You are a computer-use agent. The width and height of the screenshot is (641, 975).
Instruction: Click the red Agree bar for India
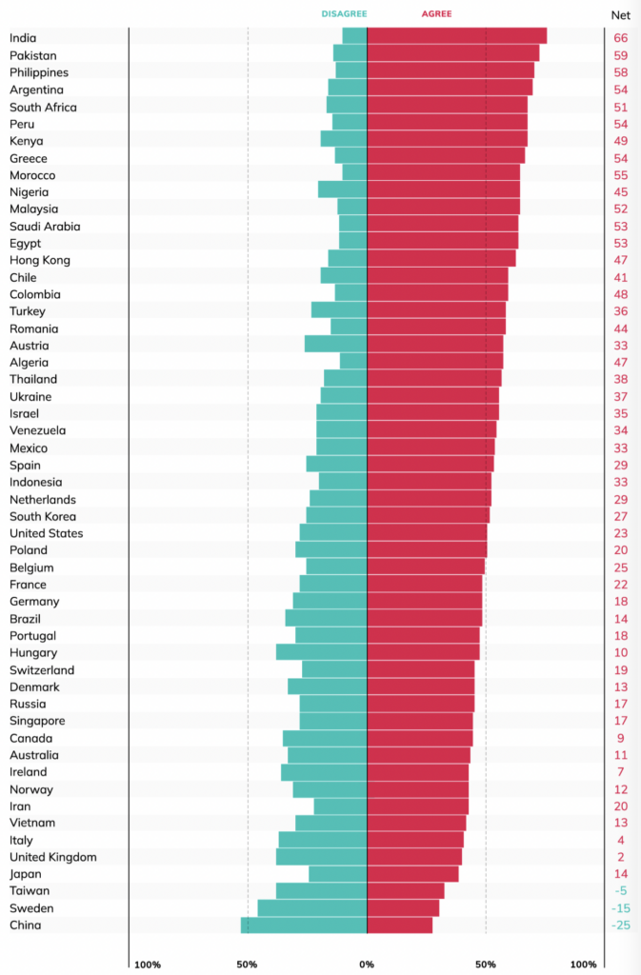pyautogui.click(x=456, y=36)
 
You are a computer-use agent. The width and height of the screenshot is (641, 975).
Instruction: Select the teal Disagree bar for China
pyautogui.click(x=304, y=925)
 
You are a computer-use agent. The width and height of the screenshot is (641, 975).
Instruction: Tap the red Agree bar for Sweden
pyautogui.click(x=403, y=907)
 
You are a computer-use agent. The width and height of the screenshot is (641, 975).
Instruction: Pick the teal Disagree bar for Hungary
pyautogui.click(x=321, y=652)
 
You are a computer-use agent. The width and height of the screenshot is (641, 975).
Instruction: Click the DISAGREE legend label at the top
pyautogui.click(x=344, y=14)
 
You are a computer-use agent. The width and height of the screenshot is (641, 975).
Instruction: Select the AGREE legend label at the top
pyautogui.click(x=436, y=14)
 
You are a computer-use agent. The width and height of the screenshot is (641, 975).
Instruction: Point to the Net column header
pyautogui.click(x=620, y=15)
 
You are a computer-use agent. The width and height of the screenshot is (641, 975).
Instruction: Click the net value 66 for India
pyautogui.click(x=621, y=38)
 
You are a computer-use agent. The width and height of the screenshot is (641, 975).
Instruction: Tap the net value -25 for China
pyautogui.click(x=620, y=925)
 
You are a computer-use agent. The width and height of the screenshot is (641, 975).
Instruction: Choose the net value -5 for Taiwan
pyautogui.click(x=621, y=891)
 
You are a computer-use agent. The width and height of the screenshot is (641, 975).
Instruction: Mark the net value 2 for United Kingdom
pyautogui.click(x=621, y=857)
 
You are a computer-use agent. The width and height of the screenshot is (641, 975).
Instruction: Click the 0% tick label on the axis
pyautogui.click(x=367, y=964)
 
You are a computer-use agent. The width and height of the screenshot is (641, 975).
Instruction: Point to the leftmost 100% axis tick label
pyautogui.click(x=148, y=964)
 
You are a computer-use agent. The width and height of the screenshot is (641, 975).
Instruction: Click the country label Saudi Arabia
pyautogui.click(x=45, y=227)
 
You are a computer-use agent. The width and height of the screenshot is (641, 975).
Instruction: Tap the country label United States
pyautogui.click(x=47, y=533)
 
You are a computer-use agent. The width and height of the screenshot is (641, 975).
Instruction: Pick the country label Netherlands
pyautogui.click(x=43, y=499)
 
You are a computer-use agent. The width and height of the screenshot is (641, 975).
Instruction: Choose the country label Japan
pyautogui.click(x=25, y=874)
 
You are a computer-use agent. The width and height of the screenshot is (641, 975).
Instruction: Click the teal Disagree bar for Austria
pyautogui.click(x=335, y=345)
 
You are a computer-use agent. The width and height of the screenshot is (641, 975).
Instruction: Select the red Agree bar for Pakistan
pyautogui.click(x=452, y=53)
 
